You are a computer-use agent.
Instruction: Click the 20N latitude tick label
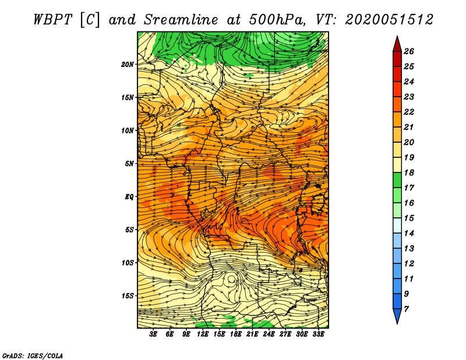[x=128, y=65]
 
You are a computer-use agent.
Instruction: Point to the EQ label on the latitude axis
[x=129, y=197]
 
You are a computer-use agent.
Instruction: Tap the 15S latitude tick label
[x=128, y=296]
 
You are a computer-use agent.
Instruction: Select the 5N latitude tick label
[x=129, y=164]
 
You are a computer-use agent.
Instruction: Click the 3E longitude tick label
[x=153, y=334]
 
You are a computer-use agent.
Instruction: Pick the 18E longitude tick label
[x=236, y=334]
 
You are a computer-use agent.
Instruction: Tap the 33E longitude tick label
[x=318, y=334]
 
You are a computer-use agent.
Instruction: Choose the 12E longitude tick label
[x=203, y=334]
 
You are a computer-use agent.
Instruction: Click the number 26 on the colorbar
[x=409, y=51]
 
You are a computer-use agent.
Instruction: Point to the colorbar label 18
[x=409, y=172]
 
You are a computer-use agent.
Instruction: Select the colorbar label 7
[x=406, y=309]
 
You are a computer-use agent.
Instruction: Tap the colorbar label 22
[x=409, y=112]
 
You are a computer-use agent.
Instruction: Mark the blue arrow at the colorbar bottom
[x=397, y=315]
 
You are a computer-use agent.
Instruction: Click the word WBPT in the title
[x=53, y=20]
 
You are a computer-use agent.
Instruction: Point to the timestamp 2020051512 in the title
[x=389, y=20]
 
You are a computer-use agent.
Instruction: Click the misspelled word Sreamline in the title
[x=181, y=20]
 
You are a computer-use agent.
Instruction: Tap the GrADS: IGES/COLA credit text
[x=33, y=355]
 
